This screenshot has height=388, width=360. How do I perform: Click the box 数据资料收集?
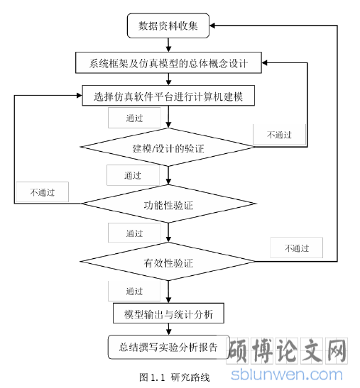pyautogui.click(x=168, y=26)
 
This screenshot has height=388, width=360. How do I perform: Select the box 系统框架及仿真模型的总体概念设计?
pyautogui.click(x=168, y=62)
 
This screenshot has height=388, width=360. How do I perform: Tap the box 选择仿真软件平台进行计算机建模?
pyautogui.click(x=168, y=96)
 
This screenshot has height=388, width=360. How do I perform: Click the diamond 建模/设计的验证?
pyautogui.click(x=168, y=148)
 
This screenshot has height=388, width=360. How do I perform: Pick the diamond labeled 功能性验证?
pyautogui.click(x=168, y=204)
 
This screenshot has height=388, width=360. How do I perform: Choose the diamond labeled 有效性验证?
pyautogui.click(x=168, y=261)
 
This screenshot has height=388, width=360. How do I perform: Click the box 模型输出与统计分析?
pyautogui.click(x=168, y=313)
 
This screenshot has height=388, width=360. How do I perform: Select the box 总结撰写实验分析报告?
pyautogui.click(x=168, y=347)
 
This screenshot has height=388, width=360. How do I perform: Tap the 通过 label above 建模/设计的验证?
pyautogui.click(x=134, y=118)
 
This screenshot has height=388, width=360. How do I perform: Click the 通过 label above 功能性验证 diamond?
pyautogui.click(x=133, y=175)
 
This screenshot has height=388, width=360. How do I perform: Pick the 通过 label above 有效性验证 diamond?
pyautogui.click(x=134, y=233)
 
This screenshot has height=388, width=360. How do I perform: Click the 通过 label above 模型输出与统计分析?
pyautogui.click(x=134, y=291)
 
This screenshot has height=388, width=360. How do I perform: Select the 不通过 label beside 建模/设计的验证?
pyautogui.click(x=279, y=135)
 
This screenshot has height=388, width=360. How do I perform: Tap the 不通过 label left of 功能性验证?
pyautogui.click(x=43, y=192)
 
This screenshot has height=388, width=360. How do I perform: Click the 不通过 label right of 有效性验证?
pyautogui.click(x=297, y=248)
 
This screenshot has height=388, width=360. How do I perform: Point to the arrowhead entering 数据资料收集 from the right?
pyautogui.click(x=212, y=26)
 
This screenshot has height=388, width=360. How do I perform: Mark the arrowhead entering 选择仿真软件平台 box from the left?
pyautogui.click(x=80, y=96)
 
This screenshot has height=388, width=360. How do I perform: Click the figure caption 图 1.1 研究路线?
pyautogui.click(x=174, y=377)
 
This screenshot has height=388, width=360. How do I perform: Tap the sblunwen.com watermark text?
pyautogui.click(x=287, y=375)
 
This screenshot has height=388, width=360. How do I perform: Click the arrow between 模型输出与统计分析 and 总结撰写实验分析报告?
pyautogui.click(x=168, y=329)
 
